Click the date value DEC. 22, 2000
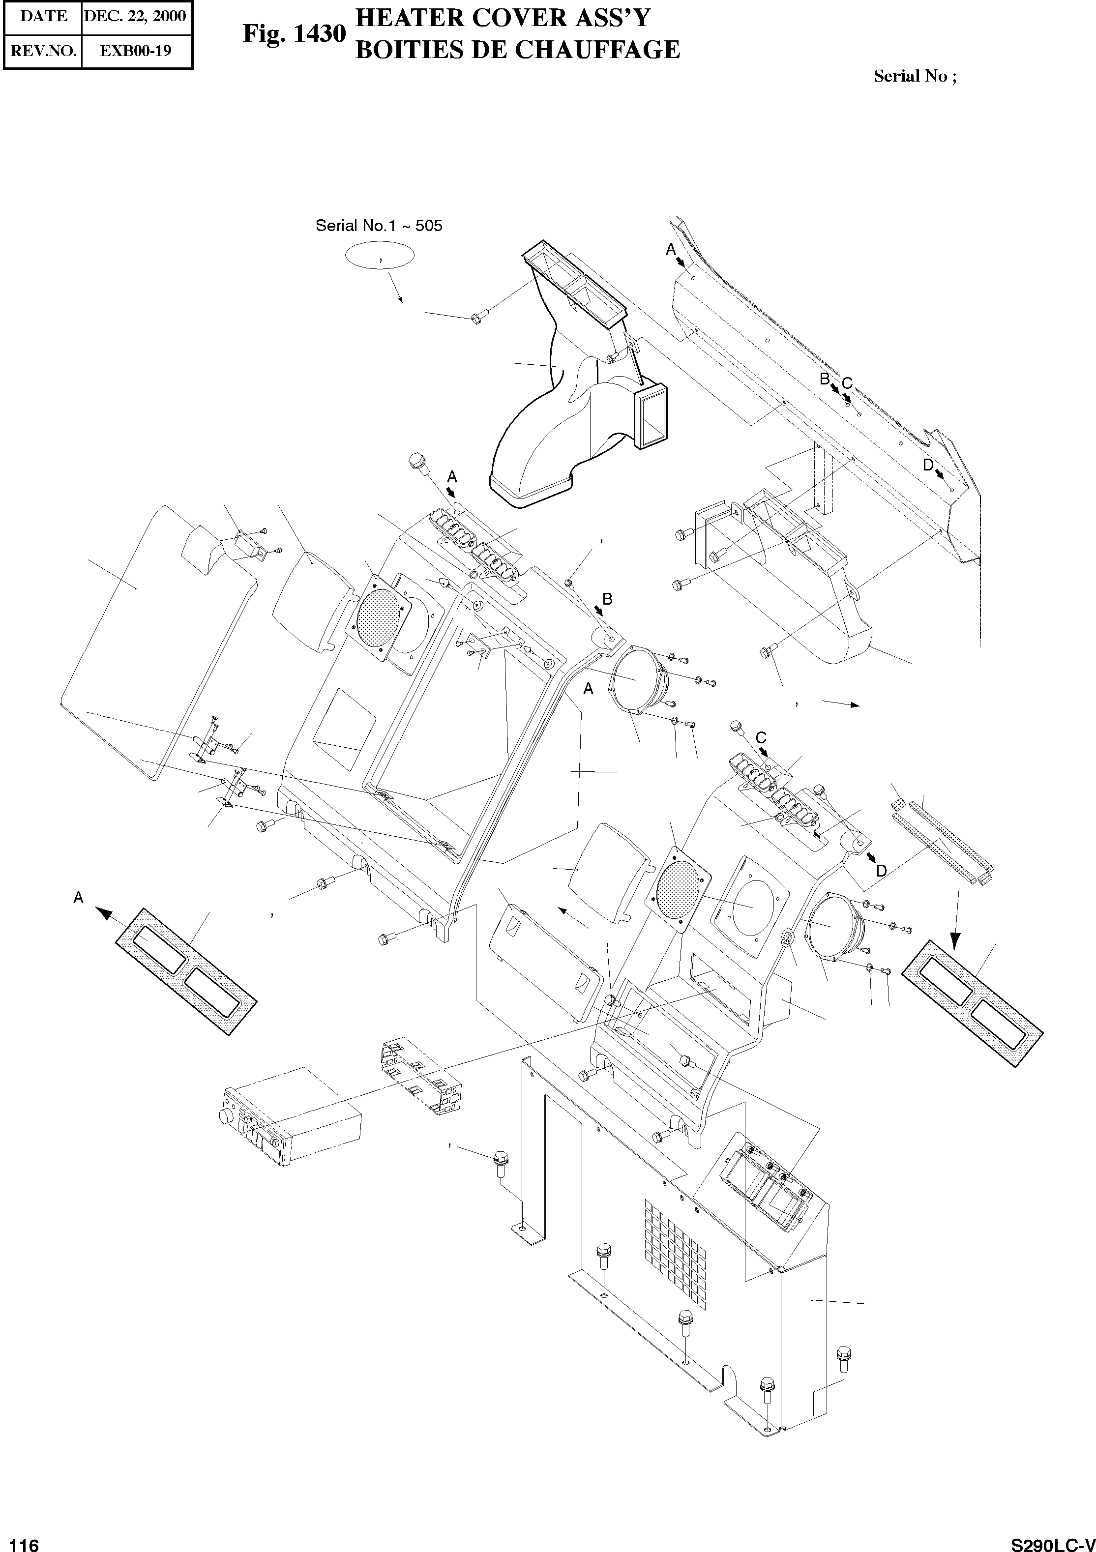(x=135, y=16)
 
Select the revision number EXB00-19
(x=135, y=51)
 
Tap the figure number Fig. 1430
(x=294, y=34)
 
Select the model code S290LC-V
(x=1051, y=1540)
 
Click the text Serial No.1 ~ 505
(x=379, y=226)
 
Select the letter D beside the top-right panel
(x=928, y=465)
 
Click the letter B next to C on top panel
(x=824, y=379)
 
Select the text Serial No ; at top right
(x=914, y=76)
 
